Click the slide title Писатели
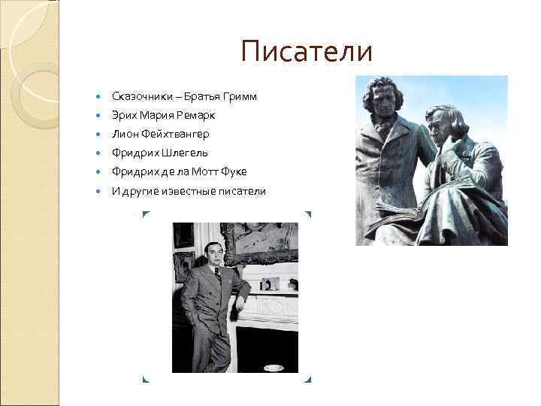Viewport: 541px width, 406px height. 307,52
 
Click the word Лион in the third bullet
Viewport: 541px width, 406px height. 123,135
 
